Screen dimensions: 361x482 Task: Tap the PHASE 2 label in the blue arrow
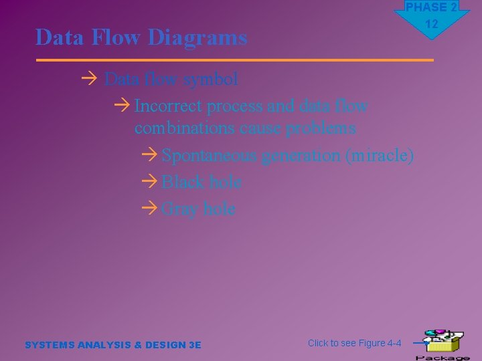pos(432,7)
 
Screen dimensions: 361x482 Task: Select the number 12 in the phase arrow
pos(432,24)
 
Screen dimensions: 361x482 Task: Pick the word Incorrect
pos(168,106)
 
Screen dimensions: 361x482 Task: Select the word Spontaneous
pos(210,155)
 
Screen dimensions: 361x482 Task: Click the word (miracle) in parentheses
pos(380,155)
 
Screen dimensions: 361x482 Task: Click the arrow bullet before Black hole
pos(150,182)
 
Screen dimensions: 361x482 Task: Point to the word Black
pos(183,182)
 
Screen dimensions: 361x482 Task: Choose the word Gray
pos(179,209)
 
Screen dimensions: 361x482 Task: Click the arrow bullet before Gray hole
pos(150,209)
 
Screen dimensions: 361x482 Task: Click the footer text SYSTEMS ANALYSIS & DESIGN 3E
pos(112,345)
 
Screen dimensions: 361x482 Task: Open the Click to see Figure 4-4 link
pos(354,343)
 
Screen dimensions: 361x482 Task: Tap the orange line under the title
pos(234,60)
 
